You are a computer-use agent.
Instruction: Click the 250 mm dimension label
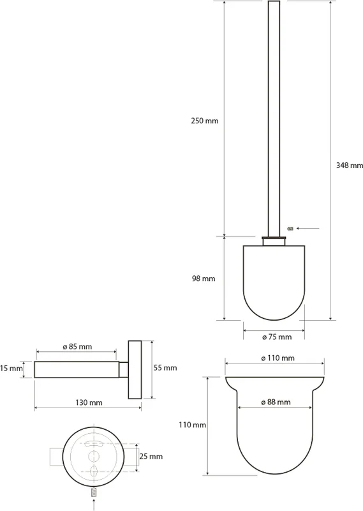[204, 121]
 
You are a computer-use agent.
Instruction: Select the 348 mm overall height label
[350, 165]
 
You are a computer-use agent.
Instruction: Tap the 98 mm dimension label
[204, 278]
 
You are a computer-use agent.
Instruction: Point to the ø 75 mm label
[277, 337]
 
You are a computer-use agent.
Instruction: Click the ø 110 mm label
[278, 358]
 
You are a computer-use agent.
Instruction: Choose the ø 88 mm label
[276, 402]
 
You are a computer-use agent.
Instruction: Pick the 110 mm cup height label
[192, 425]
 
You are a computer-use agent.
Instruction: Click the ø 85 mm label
[77, 347]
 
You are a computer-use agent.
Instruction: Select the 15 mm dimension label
[11, 369]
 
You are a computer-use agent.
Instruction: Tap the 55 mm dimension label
[165, 368]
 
